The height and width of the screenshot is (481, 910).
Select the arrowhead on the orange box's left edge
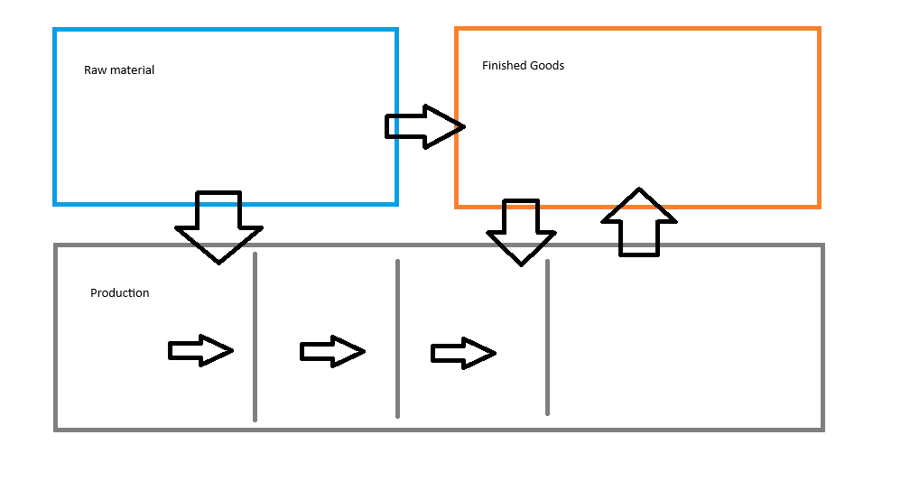click(x=457, y=127)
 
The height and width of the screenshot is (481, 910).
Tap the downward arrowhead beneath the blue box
click(x=218, y=245)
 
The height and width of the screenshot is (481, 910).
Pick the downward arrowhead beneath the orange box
click(x=521, y=245)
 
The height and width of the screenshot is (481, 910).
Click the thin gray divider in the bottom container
click(x=256, y=338)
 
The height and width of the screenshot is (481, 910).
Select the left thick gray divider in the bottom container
click(x=397, y=334)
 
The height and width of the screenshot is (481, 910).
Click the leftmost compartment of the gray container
click(x=154, y=338)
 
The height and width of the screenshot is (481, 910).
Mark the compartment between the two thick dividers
click(x=473, y=338)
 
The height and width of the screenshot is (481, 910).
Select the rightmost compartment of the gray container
click(x=686, y=338)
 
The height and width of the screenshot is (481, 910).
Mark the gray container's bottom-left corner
click(x=55, y=429)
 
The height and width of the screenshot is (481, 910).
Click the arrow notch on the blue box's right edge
click(x=396, y=127)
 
